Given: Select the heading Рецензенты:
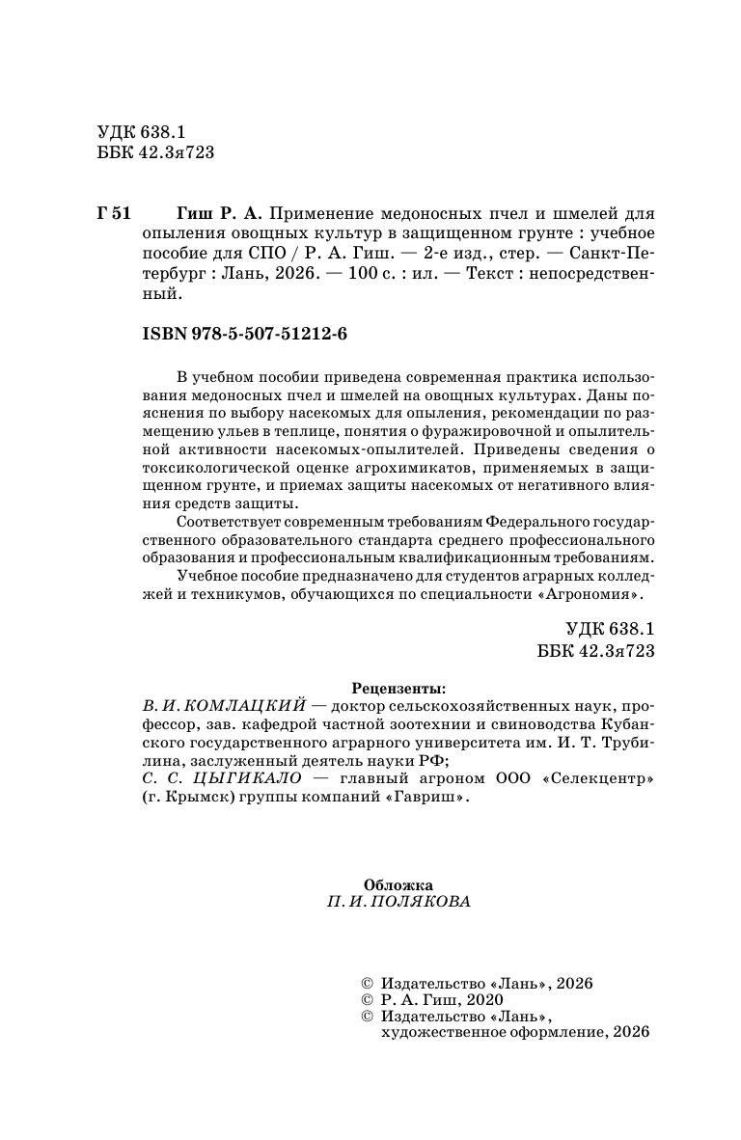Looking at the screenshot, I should (398, 689).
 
